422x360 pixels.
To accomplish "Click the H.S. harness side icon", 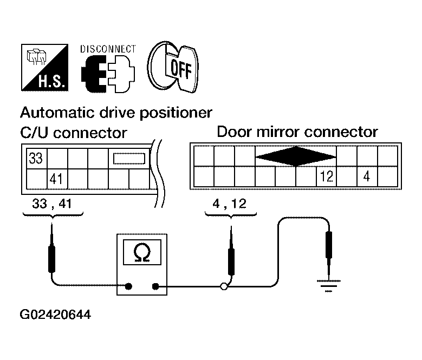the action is click(x=44, y=68).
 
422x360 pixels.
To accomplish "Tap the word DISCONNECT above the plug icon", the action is click(x=108, y=49).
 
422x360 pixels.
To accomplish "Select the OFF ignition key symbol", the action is click(x=173, y=67).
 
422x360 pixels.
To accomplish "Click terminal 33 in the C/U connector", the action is click(x=36, y=158).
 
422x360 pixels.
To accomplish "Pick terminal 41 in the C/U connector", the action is click(x=56, y=179).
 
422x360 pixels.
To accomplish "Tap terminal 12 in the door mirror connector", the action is click(x=327, y=176).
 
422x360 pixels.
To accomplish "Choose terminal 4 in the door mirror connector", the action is click(x=367, y=176).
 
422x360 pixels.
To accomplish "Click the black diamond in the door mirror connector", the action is click(x=295, y=156).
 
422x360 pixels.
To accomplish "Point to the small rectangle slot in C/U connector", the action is click(x=129, y=159).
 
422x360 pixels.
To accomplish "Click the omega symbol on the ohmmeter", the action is click(x=142, y=252).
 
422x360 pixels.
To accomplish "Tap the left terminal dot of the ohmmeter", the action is click(x=128, y=286).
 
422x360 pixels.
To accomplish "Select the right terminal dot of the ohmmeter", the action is click(x=155, y=286).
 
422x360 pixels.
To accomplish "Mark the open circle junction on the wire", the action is click(x=224, y=286).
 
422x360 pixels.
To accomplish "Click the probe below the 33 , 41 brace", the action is click(x=51, y=249).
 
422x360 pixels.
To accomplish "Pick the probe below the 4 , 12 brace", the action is click(x=231, y=251).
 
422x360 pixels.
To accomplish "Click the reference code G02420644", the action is click(x=55, y=315).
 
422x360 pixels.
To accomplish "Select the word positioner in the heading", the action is click(x=176, y=113).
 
